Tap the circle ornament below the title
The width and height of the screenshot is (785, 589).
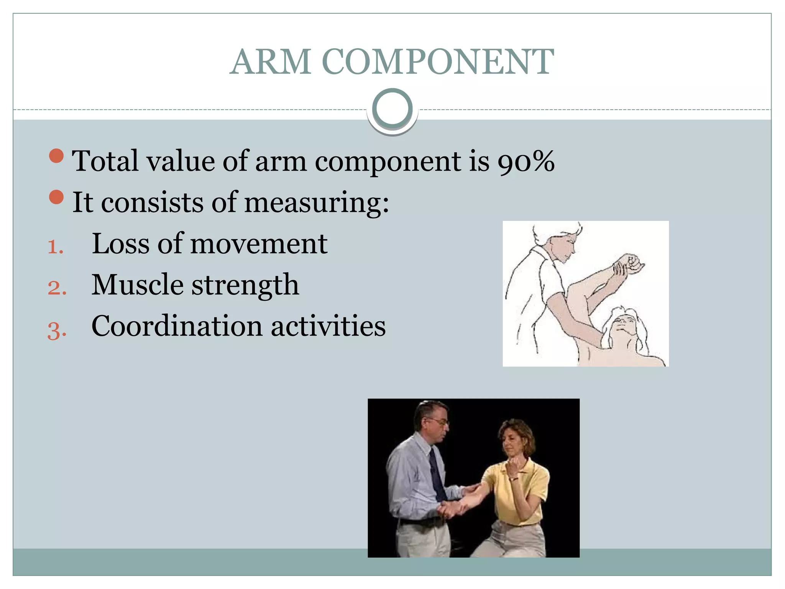click(392, 109)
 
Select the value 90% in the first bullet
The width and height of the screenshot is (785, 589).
click(526, 161)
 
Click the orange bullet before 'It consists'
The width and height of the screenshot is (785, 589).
click(56, 197)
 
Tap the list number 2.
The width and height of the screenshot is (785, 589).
click(57, 288)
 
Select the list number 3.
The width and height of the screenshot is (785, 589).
click(57, 330)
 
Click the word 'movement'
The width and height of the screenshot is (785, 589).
click(259, 244)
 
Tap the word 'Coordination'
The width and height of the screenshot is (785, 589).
click(177, 326)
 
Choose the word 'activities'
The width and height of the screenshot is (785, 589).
click(328, 326)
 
